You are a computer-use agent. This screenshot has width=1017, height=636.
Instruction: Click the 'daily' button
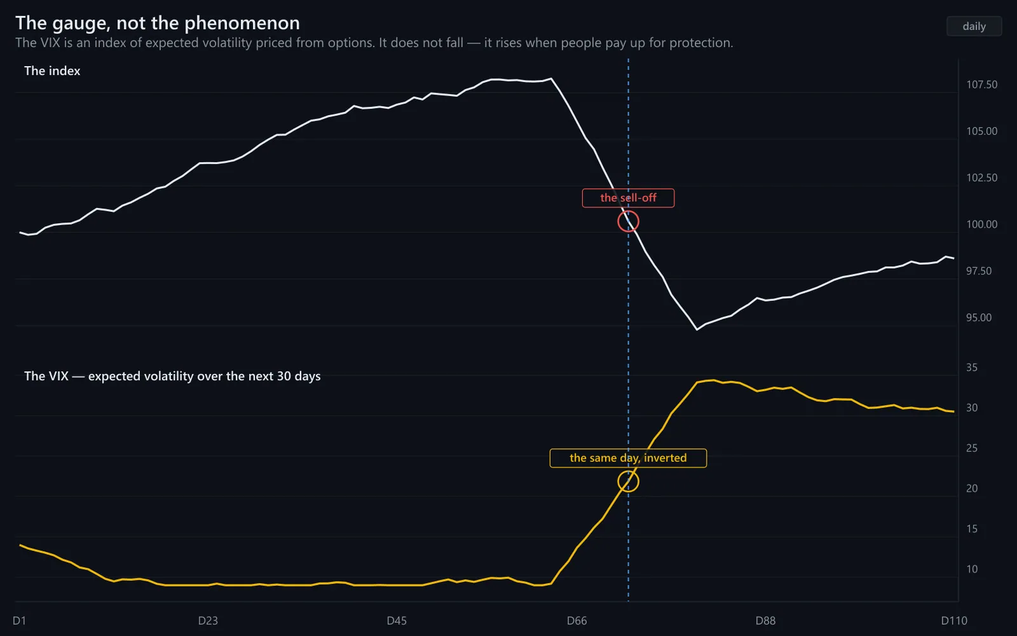coord(974,26)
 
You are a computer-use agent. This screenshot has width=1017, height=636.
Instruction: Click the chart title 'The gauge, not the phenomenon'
coord(158,23)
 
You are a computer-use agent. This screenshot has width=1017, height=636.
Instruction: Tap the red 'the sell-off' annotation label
coord(629,198)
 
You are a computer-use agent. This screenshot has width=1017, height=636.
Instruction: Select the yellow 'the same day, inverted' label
coord(629,458)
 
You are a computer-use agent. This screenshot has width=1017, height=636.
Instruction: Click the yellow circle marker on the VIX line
coord(618,481)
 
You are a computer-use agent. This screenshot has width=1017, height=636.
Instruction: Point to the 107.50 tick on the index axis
coord(981,85)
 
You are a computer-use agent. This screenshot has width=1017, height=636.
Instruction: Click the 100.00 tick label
coord(981,225)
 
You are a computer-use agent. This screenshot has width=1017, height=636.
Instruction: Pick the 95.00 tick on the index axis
coord(978,317)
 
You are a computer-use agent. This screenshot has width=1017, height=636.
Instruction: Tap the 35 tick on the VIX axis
coord(972,368)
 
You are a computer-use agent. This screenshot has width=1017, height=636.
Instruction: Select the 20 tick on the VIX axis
coord(972,488)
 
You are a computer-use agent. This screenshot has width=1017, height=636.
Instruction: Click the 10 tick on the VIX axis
coord(972,569)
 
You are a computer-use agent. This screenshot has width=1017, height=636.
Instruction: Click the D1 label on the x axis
coord(19,621)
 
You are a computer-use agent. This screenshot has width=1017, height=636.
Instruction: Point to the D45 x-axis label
coord(397,621)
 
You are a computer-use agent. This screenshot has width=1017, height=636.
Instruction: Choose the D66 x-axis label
coord(577,621)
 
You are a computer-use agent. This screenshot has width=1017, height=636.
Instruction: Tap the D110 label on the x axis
coord(954,621)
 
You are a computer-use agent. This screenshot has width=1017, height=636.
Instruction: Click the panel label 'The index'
coord(52,71)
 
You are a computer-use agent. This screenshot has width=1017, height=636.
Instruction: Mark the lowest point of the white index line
coord(697,329)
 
